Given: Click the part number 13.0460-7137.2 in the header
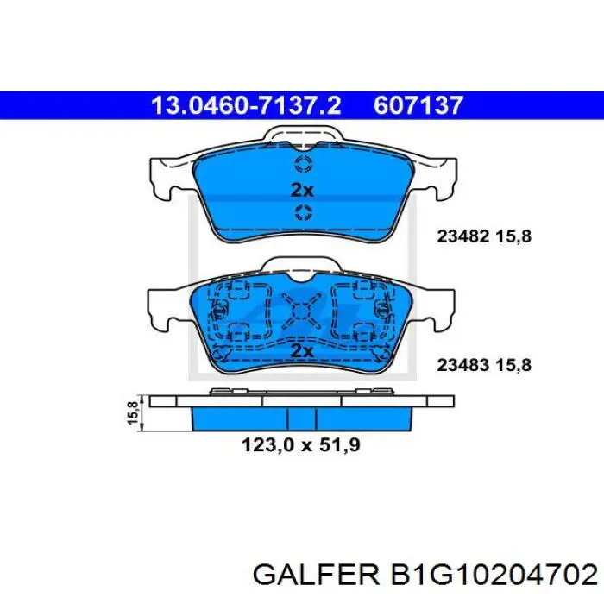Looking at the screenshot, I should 246,105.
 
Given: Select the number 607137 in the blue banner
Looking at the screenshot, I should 419,105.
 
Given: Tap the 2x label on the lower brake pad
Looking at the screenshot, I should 302,350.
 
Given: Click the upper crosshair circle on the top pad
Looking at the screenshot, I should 303,166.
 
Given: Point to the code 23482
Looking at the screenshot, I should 464,235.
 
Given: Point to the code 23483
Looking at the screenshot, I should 464,365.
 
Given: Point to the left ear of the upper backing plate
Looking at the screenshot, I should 164,177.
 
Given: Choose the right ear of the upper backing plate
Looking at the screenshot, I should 440,177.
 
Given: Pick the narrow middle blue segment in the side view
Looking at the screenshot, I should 302,418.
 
